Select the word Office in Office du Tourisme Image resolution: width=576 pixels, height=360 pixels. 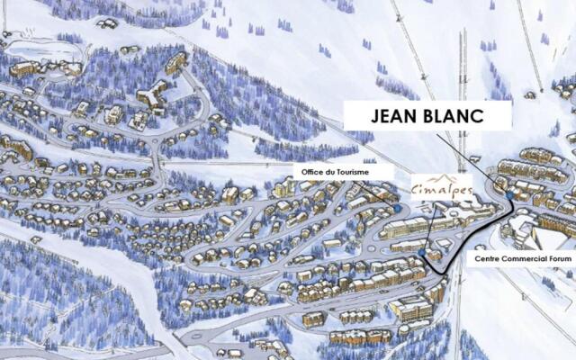pos(307,171)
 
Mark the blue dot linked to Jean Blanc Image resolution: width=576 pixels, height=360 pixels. pos(509,195)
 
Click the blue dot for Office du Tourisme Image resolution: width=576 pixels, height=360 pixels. pos(398,209)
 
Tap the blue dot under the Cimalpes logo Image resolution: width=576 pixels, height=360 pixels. pos(424,253)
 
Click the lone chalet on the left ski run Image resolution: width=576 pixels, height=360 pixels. pos(35,240)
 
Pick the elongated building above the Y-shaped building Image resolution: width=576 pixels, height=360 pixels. pos(176,62)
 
